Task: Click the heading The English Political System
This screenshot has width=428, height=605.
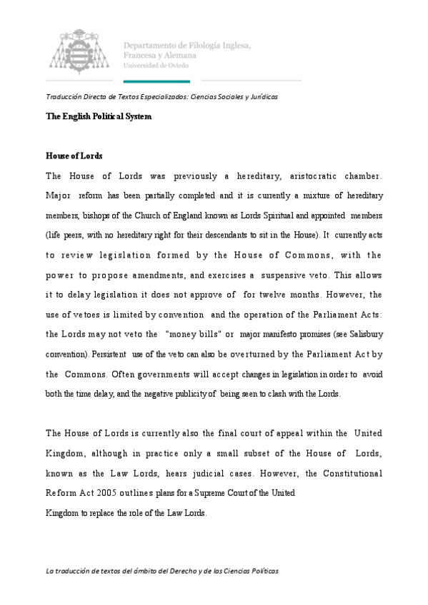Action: [x=99, y=116]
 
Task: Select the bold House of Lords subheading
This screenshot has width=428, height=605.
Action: [x=74, y=156]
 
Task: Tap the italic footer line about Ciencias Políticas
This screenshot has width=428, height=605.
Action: [x=162, y=571]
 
